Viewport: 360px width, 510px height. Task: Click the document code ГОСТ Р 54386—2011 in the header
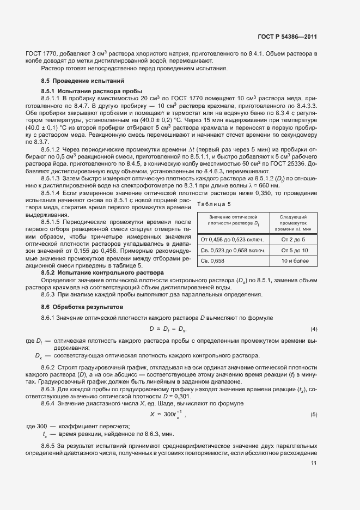(x=288, y=37)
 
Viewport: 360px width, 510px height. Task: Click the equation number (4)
(x=314, y=329)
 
